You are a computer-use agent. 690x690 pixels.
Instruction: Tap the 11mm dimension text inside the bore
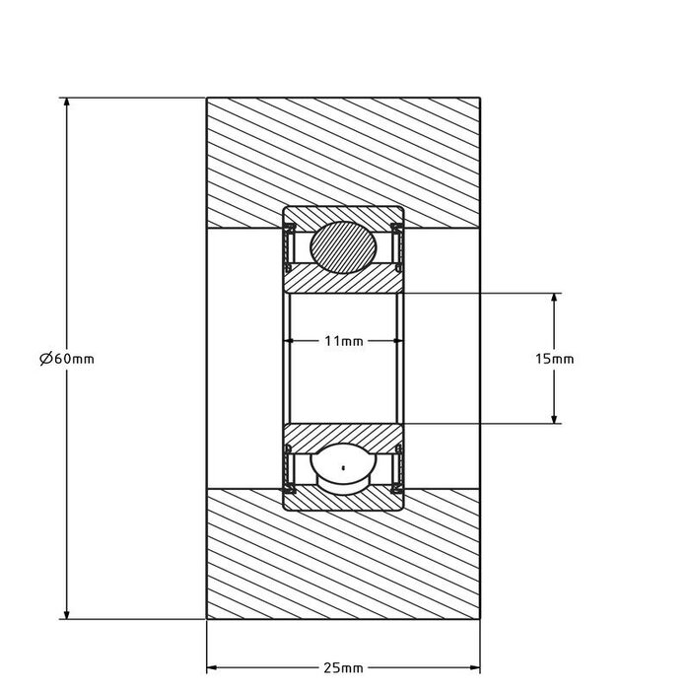point(344,341)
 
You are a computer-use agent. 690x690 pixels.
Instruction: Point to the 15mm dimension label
point(554,359)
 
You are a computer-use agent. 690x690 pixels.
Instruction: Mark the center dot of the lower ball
point(343,467)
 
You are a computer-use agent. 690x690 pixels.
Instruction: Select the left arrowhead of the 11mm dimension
point(292,341)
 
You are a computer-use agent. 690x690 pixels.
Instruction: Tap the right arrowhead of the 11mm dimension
point(396,341)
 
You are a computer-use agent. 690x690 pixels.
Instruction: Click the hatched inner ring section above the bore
point(343,282)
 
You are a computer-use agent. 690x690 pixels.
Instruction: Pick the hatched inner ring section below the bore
point(343,433)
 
